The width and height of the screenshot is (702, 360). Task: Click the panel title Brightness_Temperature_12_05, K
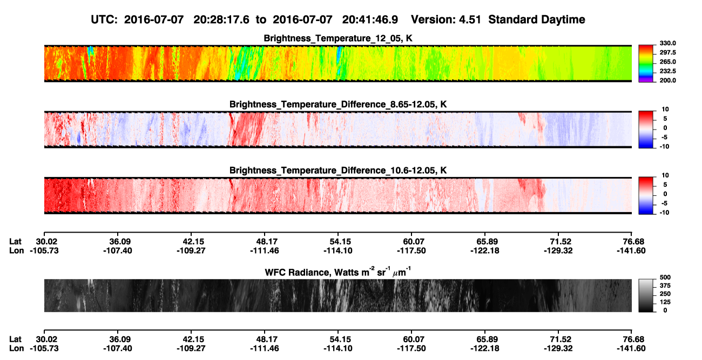pyautogui.click(x=338, y=38)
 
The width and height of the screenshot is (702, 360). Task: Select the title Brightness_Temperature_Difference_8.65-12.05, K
pyautogui.click(x=338, y=104)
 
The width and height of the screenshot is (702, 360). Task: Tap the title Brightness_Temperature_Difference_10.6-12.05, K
pyautogui.click(x=338, y=171)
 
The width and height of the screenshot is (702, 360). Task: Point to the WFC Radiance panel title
pyautogui.click(x=338, y=272)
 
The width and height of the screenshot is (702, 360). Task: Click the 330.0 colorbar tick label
pyautogui.click(x=667, y=43)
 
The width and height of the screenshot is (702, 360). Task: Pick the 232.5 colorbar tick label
pyautogui.click(x=667, y=71)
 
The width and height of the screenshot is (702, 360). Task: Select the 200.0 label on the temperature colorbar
pyautogui.click(x=667, y=80)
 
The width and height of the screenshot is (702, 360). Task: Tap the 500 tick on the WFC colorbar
pyautogui.click(x=665, y=277)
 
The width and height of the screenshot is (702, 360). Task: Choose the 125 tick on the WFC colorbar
pyautogui.click(x=665, y=302)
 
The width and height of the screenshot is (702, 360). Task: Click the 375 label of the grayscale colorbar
pyautogui.click(x=665, y=286)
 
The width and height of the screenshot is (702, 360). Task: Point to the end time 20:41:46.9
pyautogui.click(x=370, y=19)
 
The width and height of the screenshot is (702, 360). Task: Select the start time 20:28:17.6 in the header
pyautogui.click(x=221, y=19)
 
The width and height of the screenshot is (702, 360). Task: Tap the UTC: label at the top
pyautogui.click(x=104, y=19)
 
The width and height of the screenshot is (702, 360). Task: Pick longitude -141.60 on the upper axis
pyautogui.click(x=631, y=250)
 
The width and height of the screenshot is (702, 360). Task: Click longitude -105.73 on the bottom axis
pyautogui.click(x=44, y=349)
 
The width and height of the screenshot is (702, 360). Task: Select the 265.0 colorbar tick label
pyautogui.click(x=667, y=62)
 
